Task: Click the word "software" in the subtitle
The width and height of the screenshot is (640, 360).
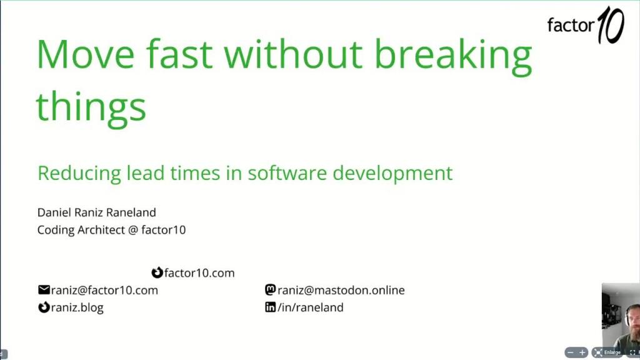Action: (287, 172)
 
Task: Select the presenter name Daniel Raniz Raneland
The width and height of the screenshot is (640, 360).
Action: (96, 212)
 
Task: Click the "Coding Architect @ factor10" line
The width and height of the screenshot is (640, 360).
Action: (111, 230)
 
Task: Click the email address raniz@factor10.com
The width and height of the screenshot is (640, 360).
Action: (104, 290)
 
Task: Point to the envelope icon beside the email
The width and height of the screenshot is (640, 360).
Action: (44, 290)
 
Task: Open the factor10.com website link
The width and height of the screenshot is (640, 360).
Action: (199, 273)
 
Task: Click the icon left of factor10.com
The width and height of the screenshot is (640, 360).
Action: (157, 273)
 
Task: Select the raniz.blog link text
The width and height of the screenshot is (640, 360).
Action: (78, 307)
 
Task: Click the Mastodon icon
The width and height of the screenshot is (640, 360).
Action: (271, 290)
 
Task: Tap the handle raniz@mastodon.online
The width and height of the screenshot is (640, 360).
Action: (341, 290)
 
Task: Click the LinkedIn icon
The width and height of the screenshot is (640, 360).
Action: (271, 307)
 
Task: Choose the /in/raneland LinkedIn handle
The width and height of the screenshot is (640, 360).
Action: (311, 307)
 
